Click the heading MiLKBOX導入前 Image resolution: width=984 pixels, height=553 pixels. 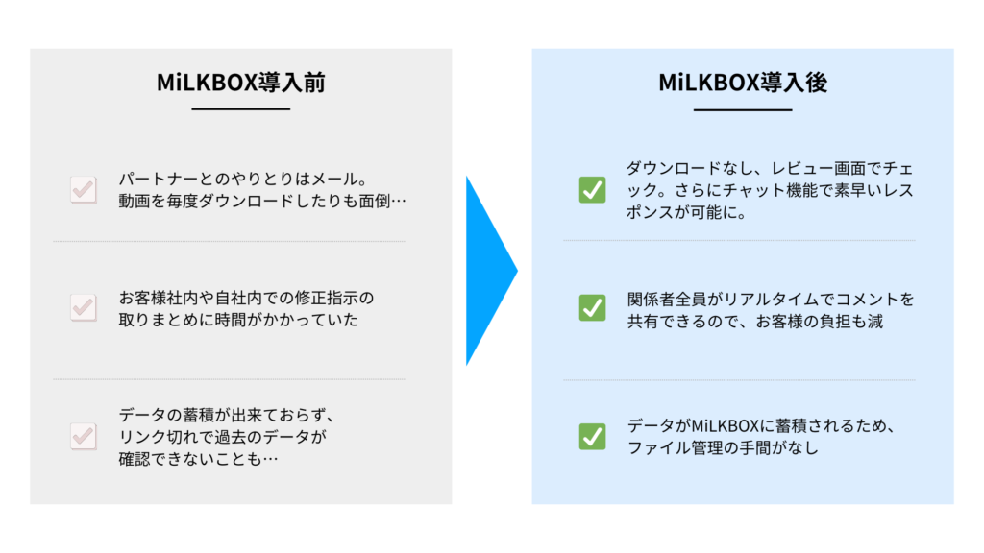[241, 83]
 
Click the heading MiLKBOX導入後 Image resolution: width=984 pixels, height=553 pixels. [743, 83]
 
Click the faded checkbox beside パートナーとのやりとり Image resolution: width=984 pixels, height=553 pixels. [84, 189]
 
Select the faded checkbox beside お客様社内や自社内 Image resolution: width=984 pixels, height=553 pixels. [84, 307]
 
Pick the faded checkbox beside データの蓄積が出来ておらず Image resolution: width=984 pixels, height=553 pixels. [84, 437]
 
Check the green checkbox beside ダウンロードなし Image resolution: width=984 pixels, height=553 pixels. [592, 190]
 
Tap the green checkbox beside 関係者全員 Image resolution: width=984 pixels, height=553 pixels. [592, 308]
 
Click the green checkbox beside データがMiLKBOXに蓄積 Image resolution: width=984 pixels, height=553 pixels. [592, 437]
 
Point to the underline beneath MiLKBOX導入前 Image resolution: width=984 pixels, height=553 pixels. [241, 109]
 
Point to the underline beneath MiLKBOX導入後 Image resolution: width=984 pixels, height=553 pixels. [743, 109]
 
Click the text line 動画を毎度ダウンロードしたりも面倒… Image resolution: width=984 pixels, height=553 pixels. [262, 202]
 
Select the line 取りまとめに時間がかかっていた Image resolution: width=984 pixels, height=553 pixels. [238, 320]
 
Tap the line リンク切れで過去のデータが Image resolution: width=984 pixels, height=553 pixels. [223, 437]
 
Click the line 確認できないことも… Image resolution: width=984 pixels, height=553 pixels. [198, 459]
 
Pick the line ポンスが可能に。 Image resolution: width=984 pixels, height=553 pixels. [687, 212]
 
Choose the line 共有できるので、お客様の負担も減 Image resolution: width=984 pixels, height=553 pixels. [755, 322]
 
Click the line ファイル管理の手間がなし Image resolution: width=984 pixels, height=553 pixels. [723, 447]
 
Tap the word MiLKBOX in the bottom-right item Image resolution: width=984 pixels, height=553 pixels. [726, 425]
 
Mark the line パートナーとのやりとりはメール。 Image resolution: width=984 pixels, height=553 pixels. [243, 180]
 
